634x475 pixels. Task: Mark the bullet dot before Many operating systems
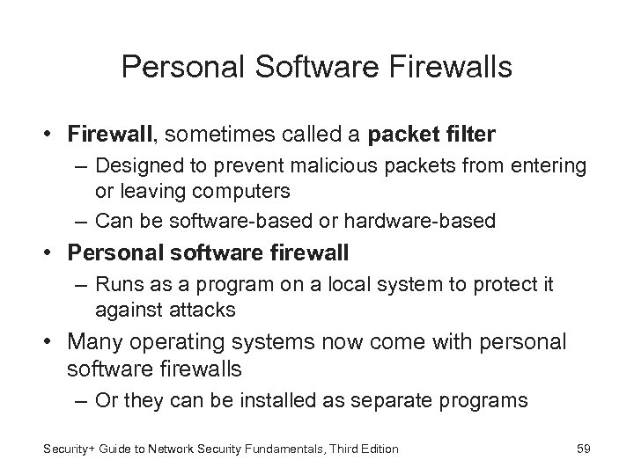pyautogui.click(x=51, y=341)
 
